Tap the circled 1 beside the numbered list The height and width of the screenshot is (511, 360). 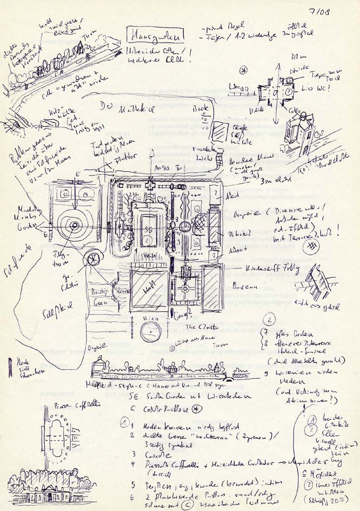tap(125, 423)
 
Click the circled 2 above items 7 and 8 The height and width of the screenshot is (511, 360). tap(270, 319)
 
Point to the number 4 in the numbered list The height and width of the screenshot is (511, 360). tap(133, 464)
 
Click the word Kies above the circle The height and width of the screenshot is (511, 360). tap(147, 320)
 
